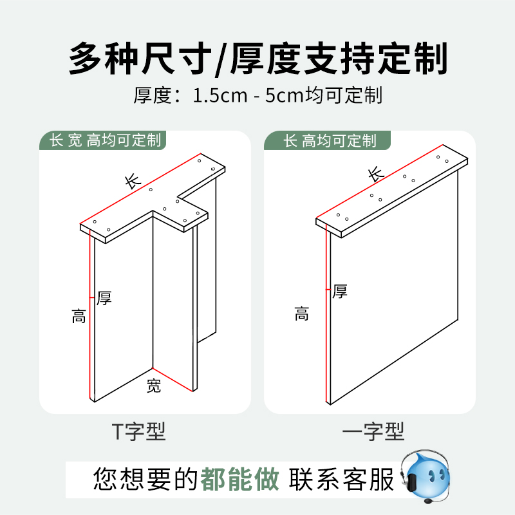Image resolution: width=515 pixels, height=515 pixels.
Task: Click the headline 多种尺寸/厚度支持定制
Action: pyautogui.click(x=257, y=59)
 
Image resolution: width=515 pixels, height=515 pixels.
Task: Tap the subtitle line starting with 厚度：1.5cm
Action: pyautogui.click(x=257, y=96)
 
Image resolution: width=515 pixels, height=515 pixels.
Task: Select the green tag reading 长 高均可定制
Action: pyautogui.click(x=330, y=140)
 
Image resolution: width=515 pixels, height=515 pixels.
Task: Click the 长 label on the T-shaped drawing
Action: pyautogui.click(x=133, y=181)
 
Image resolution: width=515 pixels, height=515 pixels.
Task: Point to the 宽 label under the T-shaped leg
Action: pyautogui.click(x=153, y=386)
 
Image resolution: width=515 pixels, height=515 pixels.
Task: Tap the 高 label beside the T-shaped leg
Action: pyautogui.click(x=79, y=316)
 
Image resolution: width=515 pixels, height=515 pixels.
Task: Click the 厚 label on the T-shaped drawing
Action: pyautogui.click(x=104, y=297)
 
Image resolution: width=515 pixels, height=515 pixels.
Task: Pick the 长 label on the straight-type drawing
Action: pyautogui.click(x=376, y=174)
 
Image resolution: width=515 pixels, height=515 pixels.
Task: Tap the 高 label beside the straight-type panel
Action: pyautogui.click(x=301, y=314)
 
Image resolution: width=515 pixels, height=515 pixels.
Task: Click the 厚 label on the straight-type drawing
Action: pyautogui.click(x=340, y=292)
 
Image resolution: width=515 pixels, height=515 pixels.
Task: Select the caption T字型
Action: pyautogui.click(x=139, y=432)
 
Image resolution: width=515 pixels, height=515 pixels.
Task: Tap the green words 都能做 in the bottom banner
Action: pyautogui.click(x=240, y=480)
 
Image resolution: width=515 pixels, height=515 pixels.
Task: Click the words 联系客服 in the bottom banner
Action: pyautogui.click(x=341, y=480)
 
